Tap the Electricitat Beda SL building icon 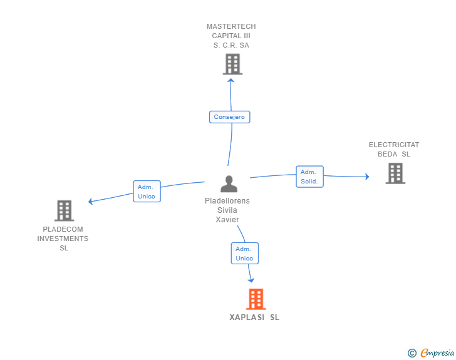[x=395, y=173]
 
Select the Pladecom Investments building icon [x=64, y=210]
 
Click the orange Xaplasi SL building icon [x=256, y=299]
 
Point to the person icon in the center [x=229, y=183]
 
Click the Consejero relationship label [x=229, y=117]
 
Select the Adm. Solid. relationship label [x=309, y=177]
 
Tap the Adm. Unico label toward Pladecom [x=146, y=192]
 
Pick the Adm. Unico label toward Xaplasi [x=244, y=254]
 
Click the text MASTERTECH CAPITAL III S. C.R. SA [x=231, y=36]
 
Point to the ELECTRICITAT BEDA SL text [x=394, y=149]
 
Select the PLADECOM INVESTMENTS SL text [x=63, y=239]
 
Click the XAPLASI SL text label [x=254, y=317]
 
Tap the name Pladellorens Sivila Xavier [x=227, y=210]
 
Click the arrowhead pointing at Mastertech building [x=231, y=80]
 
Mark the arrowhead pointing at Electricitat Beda [x=367, y=177]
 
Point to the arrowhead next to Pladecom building [x=91, y=202]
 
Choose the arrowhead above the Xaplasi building [x=251, y=280]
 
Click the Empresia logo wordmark [x=437, y=352]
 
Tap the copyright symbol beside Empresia [x=412, y=353]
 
